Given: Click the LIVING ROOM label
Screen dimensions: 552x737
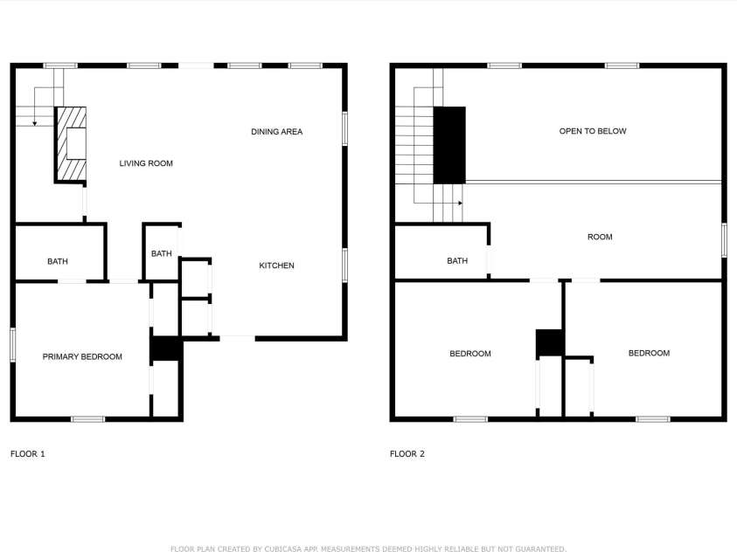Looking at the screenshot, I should (146, 163).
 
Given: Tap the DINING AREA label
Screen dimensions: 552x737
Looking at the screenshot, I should (276, 132).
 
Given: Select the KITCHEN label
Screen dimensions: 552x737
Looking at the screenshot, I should (276, 266).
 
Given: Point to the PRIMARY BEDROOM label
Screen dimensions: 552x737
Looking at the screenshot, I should (82, 356).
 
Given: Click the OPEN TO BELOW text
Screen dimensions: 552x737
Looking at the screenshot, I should (593, 131).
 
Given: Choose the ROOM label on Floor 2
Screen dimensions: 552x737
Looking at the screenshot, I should (600, 237).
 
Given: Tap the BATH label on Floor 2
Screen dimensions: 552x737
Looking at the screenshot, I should (457, 261).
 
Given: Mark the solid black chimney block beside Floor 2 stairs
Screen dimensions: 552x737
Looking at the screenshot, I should (449, 144).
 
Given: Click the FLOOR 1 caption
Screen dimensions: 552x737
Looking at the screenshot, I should (27, 454).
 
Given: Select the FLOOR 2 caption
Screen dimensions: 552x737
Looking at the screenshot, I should (407, 454).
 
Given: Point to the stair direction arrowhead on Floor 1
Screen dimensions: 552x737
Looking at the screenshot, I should (35, 123).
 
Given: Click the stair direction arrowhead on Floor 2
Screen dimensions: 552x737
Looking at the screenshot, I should (460, 203).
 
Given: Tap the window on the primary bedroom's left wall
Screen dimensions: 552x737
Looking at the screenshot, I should (13, 344).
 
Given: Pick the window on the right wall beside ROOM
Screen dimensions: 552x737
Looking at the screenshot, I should (724, 240).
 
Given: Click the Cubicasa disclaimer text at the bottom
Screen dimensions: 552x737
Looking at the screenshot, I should (368, 549).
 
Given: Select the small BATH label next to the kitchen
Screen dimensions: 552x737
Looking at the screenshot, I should (162, 254).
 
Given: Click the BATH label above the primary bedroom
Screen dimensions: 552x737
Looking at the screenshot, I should (58, 261).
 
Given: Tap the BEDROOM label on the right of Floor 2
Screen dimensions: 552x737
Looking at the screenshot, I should (649, 353).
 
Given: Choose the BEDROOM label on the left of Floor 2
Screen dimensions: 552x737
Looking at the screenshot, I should (470, 354).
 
